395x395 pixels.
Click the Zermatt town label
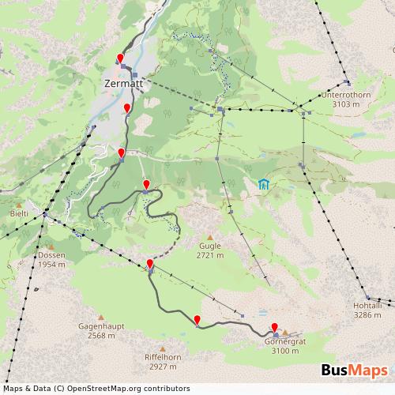(123, 82)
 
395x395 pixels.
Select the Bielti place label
(19, 214)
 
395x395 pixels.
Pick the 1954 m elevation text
(52, 265)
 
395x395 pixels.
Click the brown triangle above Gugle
(210, 236)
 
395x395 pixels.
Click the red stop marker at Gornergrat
(275, 328)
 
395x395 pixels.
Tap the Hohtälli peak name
(368, 304)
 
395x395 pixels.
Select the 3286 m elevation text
(368, 314)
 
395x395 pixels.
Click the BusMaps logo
(355, 371)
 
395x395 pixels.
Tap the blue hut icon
(263, 184)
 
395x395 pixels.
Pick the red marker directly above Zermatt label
(120, 58)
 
